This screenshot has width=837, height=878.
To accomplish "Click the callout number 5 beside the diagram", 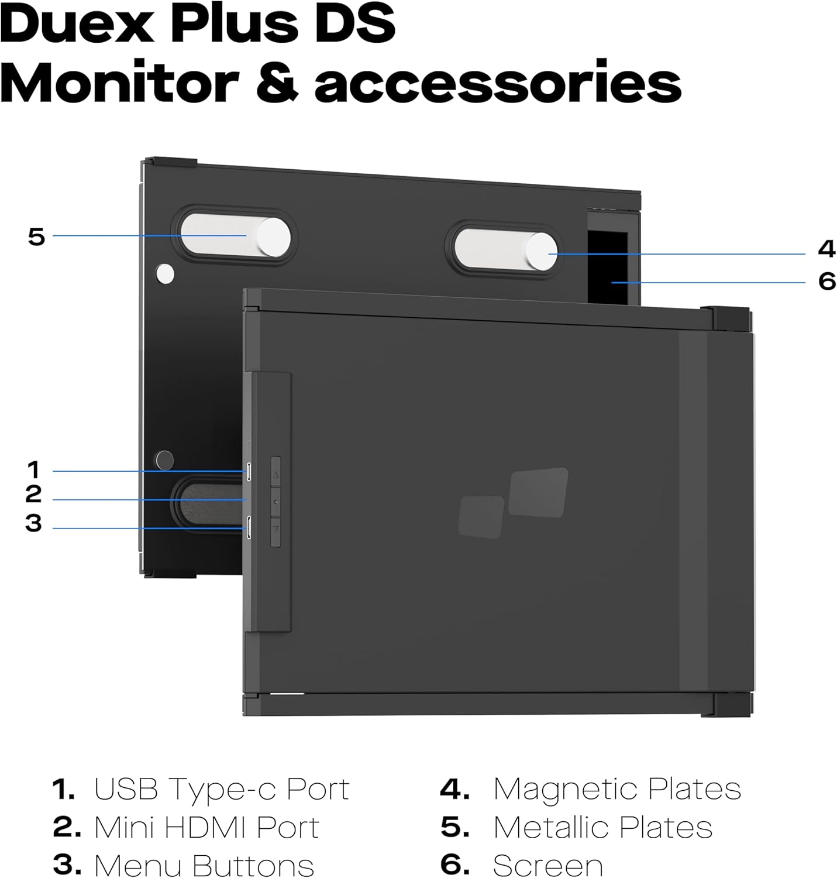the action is point(36,237).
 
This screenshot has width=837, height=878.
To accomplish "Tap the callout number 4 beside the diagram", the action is point(826,249).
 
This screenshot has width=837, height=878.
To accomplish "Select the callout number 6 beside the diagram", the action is point(826,282).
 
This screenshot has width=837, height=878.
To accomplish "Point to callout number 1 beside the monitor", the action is point(33,470).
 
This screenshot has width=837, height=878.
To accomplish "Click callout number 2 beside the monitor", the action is point(33,495).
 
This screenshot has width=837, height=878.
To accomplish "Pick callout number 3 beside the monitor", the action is point(33,523).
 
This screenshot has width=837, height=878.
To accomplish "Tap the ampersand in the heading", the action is point(277,82).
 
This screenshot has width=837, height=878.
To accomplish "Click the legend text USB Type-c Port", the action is point(221,789).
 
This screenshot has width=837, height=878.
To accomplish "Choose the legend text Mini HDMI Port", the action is point(206,828).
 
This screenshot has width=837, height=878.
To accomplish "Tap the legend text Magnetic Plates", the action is point(616,789).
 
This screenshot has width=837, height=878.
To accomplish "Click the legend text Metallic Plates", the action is point(602,828).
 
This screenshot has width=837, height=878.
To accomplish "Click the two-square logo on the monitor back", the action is point(514,502).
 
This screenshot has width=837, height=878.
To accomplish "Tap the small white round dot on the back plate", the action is point(166,273).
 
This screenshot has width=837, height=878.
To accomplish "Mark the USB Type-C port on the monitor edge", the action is point(249,471).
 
